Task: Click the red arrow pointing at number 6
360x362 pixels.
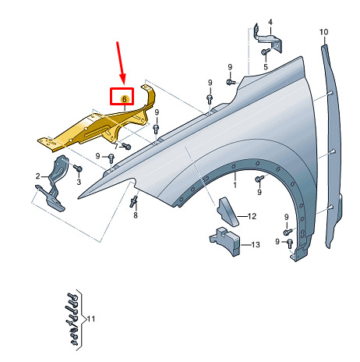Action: click(x=121, y=63)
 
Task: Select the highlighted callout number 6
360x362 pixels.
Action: click(x=125, y=99)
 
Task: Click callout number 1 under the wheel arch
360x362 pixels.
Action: click(x=235, y=185)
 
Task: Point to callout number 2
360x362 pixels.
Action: click(x=38, y=176)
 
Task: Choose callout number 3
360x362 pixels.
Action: click(x=79, y=182)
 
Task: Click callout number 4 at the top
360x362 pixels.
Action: click(x=270, y=22)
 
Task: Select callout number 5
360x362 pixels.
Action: click(x=266, y=67)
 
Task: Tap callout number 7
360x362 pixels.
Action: click(x=116, y=147)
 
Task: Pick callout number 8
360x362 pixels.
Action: click(x=136, y=215)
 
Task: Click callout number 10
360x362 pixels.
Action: click(x=323, y=32)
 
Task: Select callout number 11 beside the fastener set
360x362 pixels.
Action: click(x=91, y=318)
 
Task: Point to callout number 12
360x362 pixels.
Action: click(x=252, y=216)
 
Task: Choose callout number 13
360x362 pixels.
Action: click(x=256, y=244)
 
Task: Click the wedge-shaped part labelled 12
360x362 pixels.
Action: click(x=228, y=212)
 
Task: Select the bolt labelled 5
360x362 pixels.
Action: click(x=266, y=51)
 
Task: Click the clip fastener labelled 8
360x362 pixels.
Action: click(x=133, y=202)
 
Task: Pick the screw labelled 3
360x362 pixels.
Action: click(x=78, y=168)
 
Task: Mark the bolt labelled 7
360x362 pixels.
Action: click(x=126, y=146)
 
